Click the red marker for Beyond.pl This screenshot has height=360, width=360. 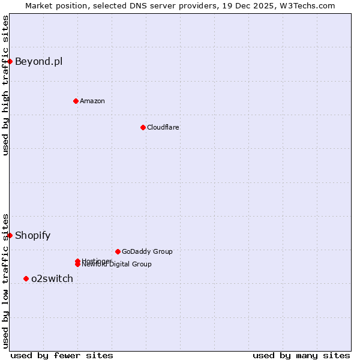[10, 61]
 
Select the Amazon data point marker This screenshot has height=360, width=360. [76, 101]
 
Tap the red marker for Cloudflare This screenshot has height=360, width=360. [143, 127]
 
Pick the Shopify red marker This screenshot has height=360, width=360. [10, 235]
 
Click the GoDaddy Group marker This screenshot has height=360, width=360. [118, 251]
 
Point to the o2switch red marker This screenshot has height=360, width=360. [26, 278]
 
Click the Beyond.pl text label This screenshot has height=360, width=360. [38, 61]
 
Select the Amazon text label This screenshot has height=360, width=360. [92, 101]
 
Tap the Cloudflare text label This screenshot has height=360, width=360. [163, 127]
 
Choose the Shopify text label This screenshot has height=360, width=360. [32, 235]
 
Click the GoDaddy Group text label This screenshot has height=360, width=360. [147, 251]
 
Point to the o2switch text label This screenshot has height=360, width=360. [52, 278]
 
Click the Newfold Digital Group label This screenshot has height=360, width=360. [117, 265]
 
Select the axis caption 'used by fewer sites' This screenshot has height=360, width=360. [62, 355]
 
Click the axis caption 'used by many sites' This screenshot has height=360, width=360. [301, 355]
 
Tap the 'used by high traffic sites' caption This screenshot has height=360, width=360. [5, 85]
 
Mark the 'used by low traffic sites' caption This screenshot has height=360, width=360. [5, 280]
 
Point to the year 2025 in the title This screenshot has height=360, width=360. [266, 5]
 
